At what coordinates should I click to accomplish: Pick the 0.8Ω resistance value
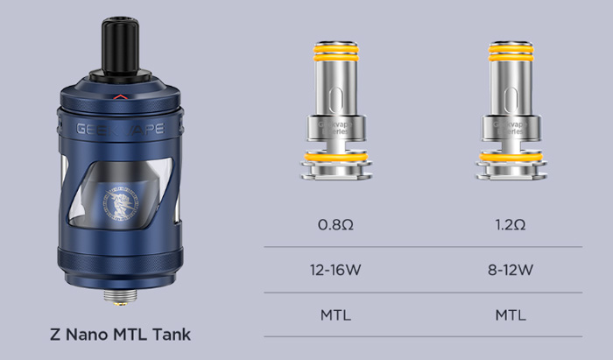(x=335, y=225)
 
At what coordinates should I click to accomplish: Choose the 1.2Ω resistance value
(x=510, y=225)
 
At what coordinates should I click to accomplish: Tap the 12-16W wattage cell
(x=335, y=269)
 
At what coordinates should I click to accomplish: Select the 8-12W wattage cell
(x=510, y=269)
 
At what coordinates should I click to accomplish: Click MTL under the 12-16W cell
(x=335, y=314)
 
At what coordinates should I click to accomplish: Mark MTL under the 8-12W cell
(x=510, y=314)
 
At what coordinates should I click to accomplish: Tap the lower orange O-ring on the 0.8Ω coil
(x=335, y=158)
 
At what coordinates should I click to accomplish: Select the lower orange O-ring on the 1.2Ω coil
(x=510, y=158)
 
